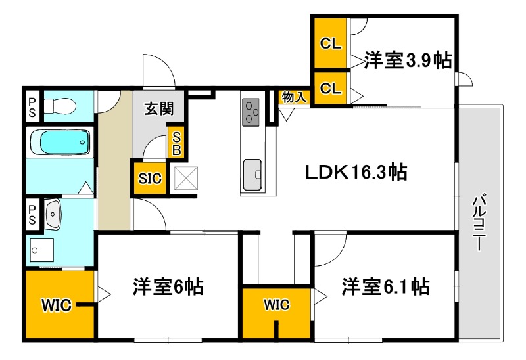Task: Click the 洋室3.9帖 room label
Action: [x=408, y=61]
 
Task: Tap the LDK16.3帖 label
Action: [x=356, y=173]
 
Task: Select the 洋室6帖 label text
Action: [x=168, y=286]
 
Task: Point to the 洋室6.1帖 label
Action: [x=385, y=286]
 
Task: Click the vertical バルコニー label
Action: [x=479, y=223]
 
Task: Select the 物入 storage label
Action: [x=294, y=97]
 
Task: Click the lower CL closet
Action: [x=330, y=88]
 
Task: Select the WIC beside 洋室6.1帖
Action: [x=277, y=304]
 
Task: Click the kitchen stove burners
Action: [x=252, y=112]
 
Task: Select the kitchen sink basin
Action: [x=252, y=174]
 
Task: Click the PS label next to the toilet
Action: [x=32, y=106]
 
